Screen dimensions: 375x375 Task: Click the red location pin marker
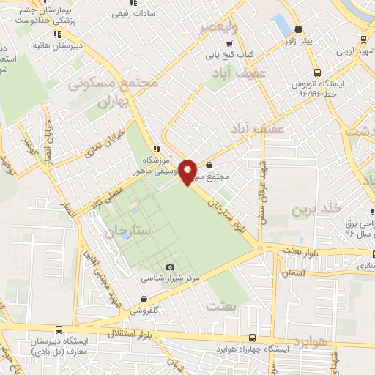click(x=188, y=171)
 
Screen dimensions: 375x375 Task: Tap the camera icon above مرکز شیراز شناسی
click(x=171, y=268)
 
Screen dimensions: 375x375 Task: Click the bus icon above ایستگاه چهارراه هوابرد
click(x=253, y=339)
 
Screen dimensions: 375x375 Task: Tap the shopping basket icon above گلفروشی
click(x=142, y=299)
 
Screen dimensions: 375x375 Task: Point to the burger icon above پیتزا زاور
click(x=298, y=30)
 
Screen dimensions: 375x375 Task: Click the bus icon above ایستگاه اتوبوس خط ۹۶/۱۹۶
click(x=316, y=73)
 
